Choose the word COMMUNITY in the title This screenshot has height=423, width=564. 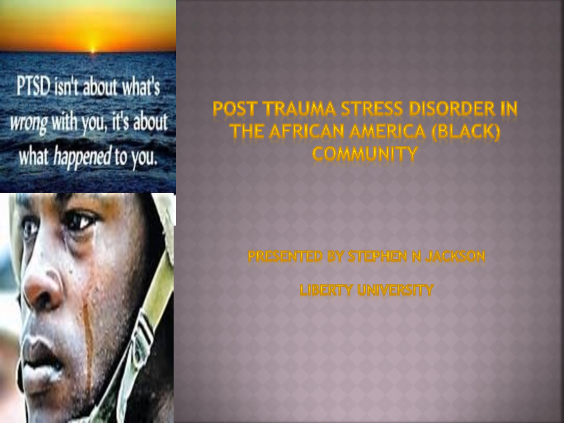pyautogui.click(x=365, y=153)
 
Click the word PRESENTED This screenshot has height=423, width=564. pyautogui.click(x=285, y=257)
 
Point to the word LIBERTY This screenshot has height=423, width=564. pyautogui.click(x=326, y=290)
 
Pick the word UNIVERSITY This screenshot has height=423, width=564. pyautogui.click(x=395, y=290)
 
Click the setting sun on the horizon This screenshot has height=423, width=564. pyautogui.click(x=93, y=48)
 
